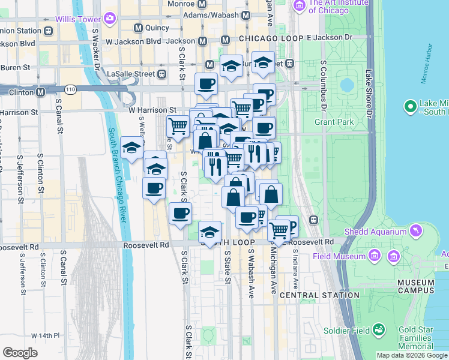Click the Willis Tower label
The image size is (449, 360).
pos(77,19)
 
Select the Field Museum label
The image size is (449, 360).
pos(339,256)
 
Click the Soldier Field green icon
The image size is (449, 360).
pos(379,329)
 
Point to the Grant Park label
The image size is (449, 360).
pos(334,122)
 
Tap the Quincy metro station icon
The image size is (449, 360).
pos(138,28)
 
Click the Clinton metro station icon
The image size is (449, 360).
pos(40,92)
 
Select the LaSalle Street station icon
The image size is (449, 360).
pos(161,74)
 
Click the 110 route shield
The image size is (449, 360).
pos(71,89)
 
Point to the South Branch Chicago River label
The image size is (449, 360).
pos(119,174)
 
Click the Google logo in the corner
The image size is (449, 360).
pos(20,352)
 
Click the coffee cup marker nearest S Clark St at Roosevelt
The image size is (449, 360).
pos(180,213)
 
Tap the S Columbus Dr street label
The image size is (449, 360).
pos(324,85)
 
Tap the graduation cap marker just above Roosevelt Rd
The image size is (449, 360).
pos(209,232)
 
